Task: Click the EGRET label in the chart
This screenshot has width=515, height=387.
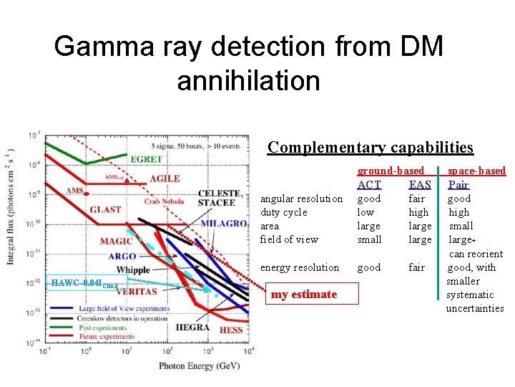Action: click(x=145, y=158)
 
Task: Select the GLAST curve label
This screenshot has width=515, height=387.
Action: click(x=105, y=209)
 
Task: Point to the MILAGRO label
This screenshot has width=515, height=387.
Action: click(x=225, y=224)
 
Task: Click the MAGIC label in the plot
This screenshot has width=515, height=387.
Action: click(x=117, y=242)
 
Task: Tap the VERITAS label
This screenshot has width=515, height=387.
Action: click(x=138, y=292)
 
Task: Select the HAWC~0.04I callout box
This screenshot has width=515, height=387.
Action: click(x=85, y=283)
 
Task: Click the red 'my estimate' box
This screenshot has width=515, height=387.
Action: click(x=304, y=295)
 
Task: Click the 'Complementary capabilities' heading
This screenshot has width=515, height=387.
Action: click(x=370, y=148)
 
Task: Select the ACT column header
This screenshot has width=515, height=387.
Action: click(x=369, y=185)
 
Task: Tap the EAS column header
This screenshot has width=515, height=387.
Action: click(x=420, y=185)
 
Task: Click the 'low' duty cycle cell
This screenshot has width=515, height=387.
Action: click(x=366, y=212)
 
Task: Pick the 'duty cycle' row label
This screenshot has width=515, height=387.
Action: click(x=284, y=212)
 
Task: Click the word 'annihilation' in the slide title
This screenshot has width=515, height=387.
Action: click(x=248, y=80)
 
